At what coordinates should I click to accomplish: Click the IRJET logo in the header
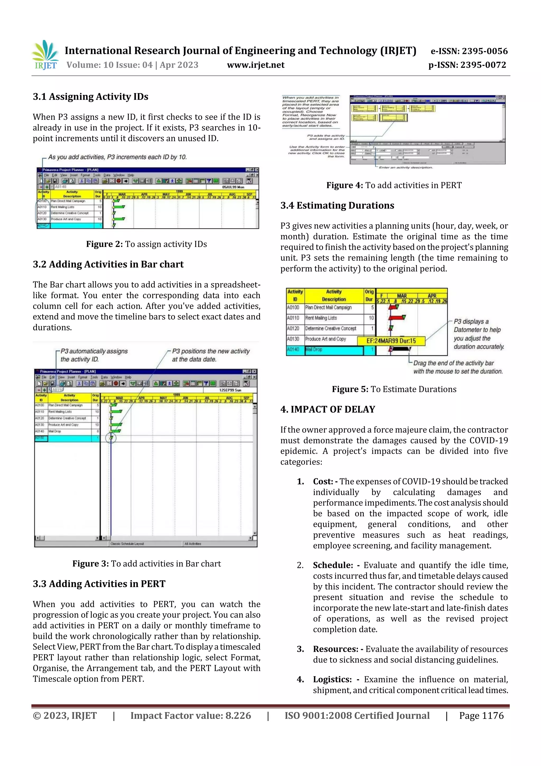pos(46,55)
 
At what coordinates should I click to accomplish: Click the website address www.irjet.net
pos(256,65)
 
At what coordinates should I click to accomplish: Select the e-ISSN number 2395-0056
pos(469,51)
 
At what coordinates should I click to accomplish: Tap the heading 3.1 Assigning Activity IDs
pos(90,97)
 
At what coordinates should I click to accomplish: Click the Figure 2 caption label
pos(104,244)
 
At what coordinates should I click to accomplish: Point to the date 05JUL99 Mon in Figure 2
pos(233,187)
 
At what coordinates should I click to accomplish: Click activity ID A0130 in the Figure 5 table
pos(293,339)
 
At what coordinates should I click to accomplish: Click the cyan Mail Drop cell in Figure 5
pos(333,350)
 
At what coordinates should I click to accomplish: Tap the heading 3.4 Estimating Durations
pos(337,205)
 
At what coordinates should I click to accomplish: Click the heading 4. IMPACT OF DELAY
pos(328,409)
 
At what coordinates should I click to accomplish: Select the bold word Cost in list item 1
pos(323,481)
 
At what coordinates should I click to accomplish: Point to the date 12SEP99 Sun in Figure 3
pos(230,390)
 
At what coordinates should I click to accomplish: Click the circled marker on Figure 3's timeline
pos(111,438)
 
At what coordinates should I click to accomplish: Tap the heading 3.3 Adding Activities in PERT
pos(99,584)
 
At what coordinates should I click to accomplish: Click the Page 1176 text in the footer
pos(481,715)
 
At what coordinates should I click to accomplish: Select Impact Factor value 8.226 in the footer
pos(190,715)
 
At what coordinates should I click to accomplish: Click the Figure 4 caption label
pos(344,186)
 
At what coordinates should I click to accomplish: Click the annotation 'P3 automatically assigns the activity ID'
pos(94,355)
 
